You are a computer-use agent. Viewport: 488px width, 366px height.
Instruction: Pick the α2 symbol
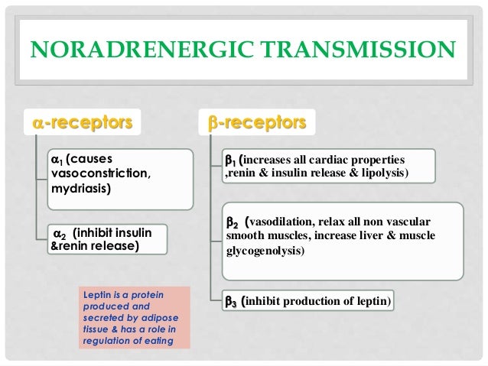(58, 233)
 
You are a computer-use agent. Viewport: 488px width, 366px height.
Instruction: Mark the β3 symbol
(229, 303)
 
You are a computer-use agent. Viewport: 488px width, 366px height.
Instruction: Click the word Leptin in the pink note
(98, 294)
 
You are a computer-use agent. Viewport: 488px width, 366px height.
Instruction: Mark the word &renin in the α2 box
(69, 246)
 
